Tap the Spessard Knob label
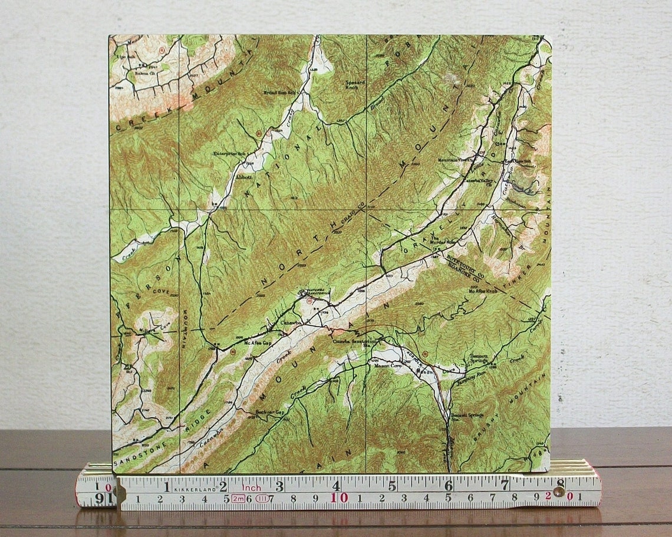pyautogui.click(x=355, y=86)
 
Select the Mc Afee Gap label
pyautogui.click(x=250, y=342)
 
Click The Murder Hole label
pyautogui.click(x=443, y=241)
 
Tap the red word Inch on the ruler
pyautogui.click(x=251, y=488)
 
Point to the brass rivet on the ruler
pyautogui.click(x=558, y=491)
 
